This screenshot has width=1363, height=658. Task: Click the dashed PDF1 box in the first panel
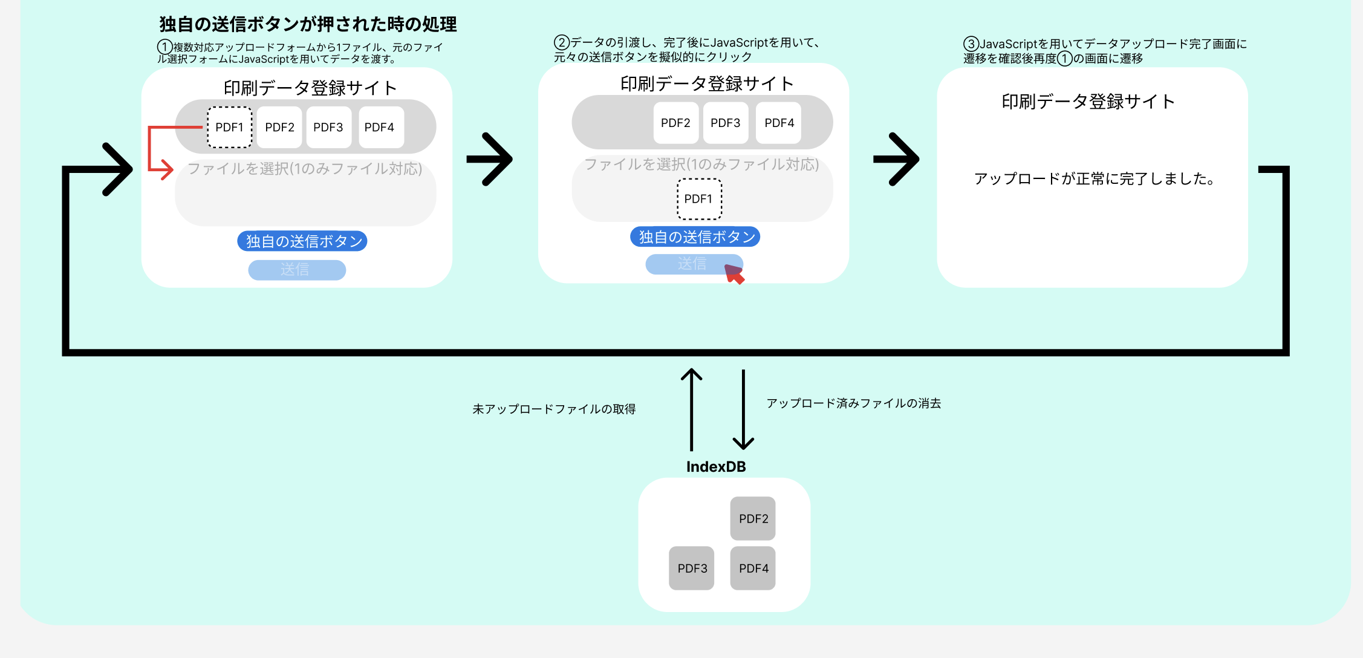pyautogui.click(x=229, y=127)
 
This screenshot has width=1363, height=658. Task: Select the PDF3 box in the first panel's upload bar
pyautogui.click(x=328, y=127)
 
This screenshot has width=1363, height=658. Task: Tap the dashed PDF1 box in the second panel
pyautogui.click(x=699, y=199)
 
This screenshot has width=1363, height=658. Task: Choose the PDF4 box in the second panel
pyautogui.click(x=779, y=123)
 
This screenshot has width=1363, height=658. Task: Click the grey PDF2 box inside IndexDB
pyautogui.click(x=753, y=518)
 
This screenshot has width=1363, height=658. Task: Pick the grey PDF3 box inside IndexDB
pyautogui.click(x=692, y=568)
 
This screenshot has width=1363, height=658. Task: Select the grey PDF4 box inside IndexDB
pyautogui.click(x=753, y=568)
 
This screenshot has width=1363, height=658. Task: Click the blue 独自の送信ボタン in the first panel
pyautogui.click(x=302, y=241)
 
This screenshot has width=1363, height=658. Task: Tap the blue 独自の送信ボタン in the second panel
pyautogui.click(x=695, y=236)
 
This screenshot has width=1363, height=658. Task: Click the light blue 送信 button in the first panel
pyautogui.click(x=297, y=270)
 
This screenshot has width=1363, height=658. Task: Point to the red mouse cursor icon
pyautogui.click(x=734, y=274)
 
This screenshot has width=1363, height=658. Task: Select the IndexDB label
pyautogui.click(x=716, y=466)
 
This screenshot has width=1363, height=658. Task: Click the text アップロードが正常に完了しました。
pyautogui.click(x=1095, y=178)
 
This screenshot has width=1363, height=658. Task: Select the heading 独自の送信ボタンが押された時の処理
pyautogui.click(x=308, y=24)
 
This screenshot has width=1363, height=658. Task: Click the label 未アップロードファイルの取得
pyautogui.click(x=554, y=409)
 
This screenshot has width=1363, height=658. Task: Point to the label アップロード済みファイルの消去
pyautogui.click(x=854, y=403)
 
